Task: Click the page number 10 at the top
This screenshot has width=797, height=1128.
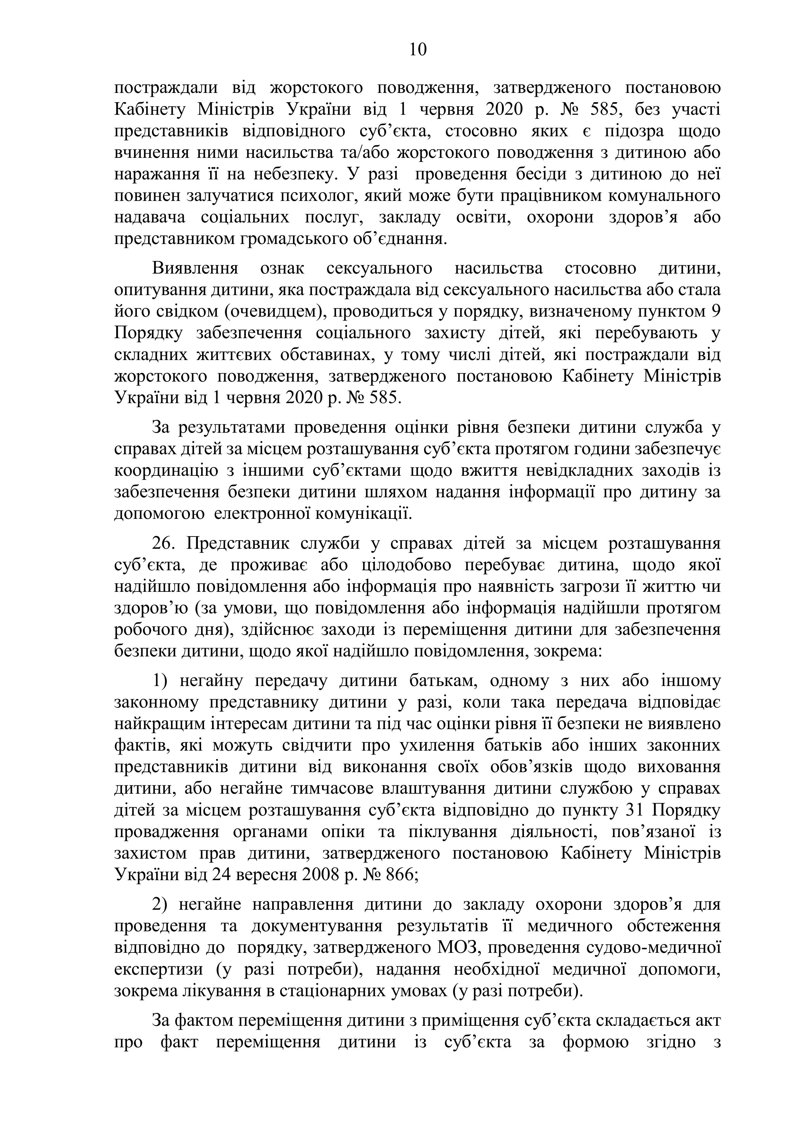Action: (x=418, y=50)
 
